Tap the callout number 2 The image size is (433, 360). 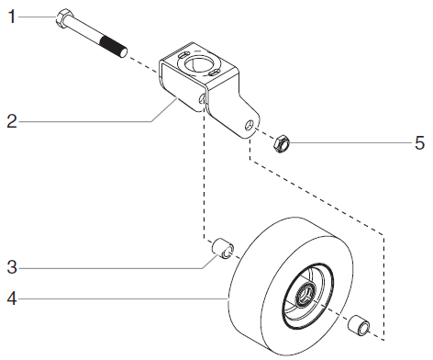10,120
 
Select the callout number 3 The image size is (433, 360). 11,267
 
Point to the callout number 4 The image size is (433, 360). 11,297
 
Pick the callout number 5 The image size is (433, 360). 419,142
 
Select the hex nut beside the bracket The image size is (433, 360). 283,142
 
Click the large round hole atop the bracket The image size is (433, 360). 197,63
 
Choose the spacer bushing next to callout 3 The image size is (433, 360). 223,249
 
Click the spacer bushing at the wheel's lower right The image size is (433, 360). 360,325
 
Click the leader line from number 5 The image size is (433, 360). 349,142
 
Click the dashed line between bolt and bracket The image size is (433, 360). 143,57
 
